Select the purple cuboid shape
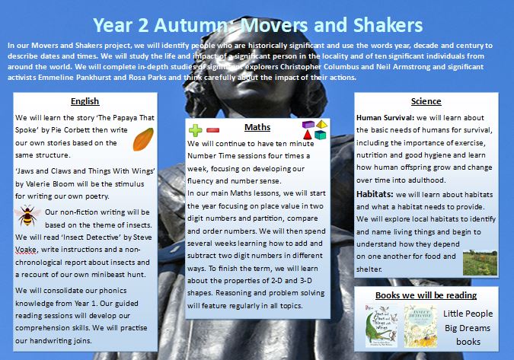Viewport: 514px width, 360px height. tap(308, 123)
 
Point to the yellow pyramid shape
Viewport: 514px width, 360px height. tap(322, 123)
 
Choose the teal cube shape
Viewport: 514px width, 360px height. tap(321, 135)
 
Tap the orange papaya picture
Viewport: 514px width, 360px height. tap(143, 139)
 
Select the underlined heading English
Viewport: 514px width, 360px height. tap(85, 101)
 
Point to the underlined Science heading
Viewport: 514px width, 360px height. tap(426, 100)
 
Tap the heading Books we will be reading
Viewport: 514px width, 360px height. tap(426, 295)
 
